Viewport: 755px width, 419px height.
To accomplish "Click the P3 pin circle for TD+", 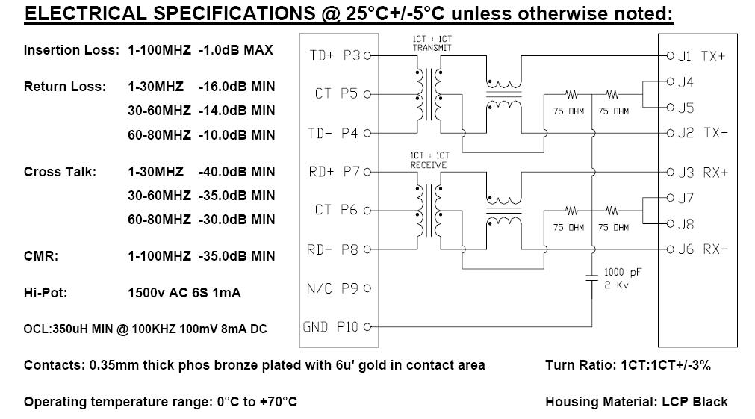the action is tap(367, 56).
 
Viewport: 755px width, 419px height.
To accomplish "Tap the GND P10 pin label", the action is tap(330, 327).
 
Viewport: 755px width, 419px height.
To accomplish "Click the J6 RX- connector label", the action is tap(703, 249).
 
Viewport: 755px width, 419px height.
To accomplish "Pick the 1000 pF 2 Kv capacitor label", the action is tap(622, 279).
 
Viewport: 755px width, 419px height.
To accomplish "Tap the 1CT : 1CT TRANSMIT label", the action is tap(432, 43).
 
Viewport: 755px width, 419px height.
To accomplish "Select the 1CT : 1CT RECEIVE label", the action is tap(429, 161).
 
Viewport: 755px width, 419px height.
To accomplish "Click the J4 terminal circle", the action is tap(671, 81).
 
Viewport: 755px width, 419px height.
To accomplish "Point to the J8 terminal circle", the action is tap(671, 223).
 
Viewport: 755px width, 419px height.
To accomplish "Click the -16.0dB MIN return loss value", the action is tap(237, 87).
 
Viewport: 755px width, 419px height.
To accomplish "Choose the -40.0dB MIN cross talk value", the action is tap(237, 172).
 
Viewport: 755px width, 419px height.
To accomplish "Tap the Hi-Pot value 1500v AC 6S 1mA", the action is tap(184, 293).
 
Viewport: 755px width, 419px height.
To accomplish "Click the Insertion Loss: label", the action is tap(71, 50).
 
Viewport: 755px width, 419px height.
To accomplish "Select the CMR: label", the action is tap(41, 256).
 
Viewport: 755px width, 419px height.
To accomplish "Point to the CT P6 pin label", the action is tap(336, 210).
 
